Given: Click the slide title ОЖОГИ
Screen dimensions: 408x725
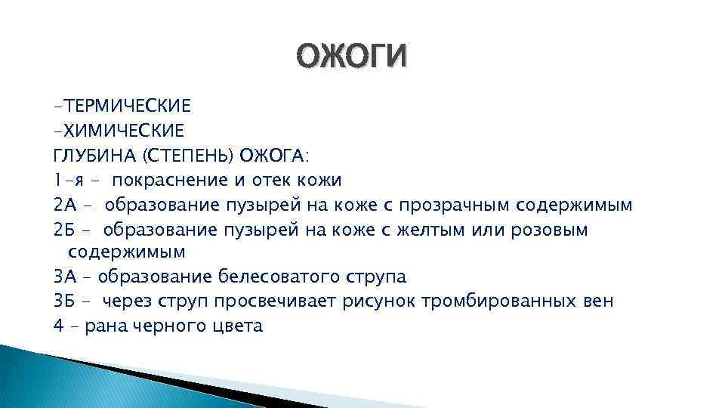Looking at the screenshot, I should click(351, 57).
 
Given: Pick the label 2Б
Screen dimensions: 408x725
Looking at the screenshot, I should click(65, 228).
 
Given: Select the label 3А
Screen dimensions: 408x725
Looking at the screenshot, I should click(65, 277).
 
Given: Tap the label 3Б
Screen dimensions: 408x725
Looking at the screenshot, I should click(65, 301).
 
